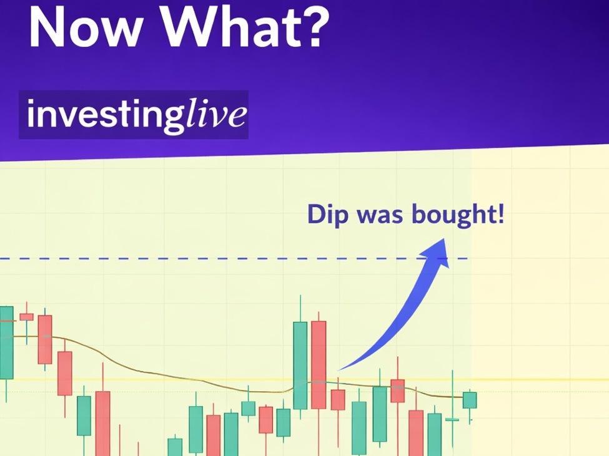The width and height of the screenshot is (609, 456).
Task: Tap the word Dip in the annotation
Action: tap(328, 215)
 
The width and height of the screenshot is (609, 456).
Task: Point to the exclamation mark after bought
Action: tap(500, 214)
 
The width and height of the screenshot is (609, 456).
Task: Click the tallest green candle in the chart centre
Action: tap(300, 366)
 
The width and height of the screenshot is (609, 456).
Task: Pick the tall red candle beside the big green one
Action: tap(319, 364)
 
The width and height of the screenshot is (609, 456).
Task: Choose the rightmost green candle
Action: tap(470, 400)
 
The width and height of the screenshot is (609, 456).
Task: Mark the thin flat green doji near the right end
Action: tap(452, 420)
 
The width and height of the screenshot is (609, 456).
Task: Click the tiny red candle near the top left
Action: tap(26, 317)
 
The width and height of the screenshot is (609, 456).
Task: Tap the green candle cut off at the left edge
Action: tap(6, 342)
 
